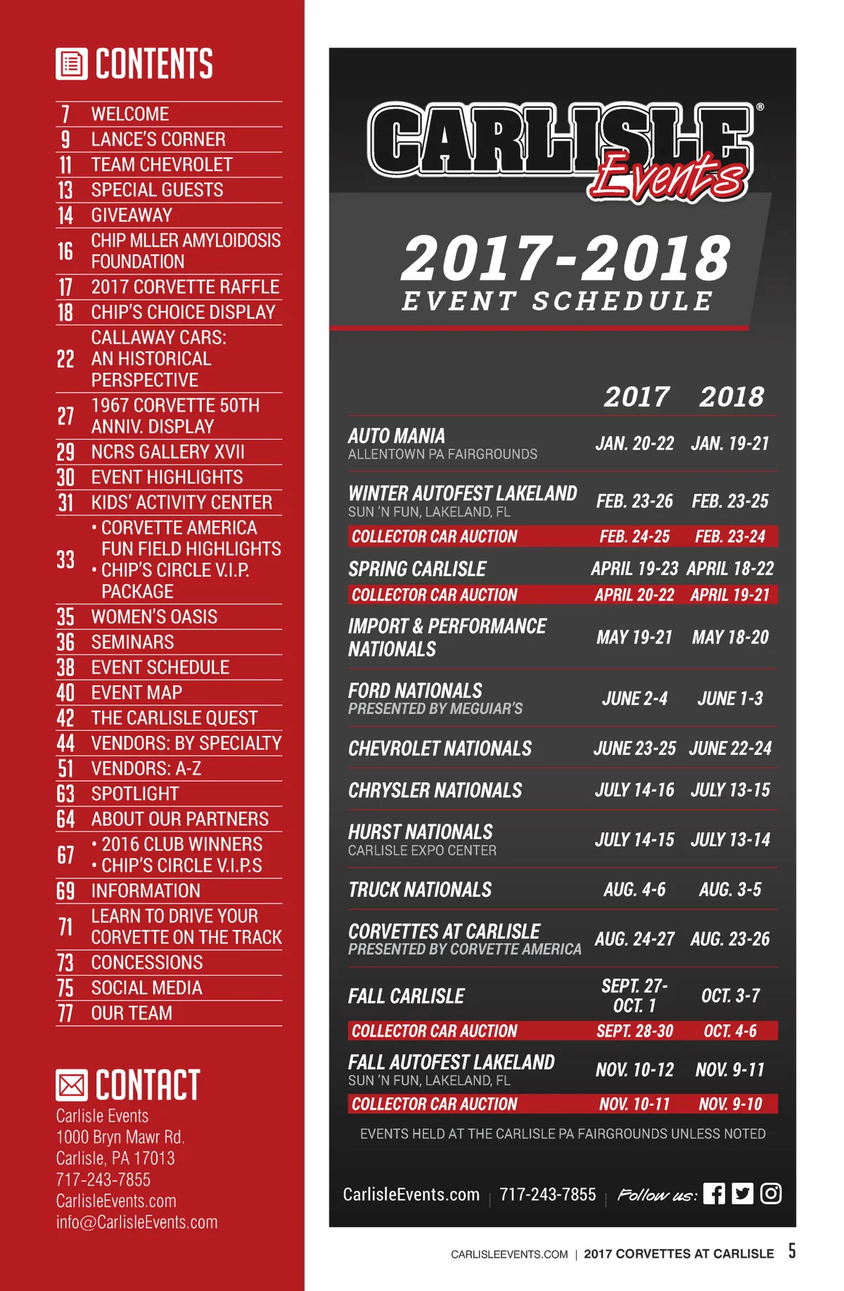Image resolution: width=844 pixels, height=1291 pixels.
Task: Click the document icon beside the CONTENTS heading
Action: click(72, 64)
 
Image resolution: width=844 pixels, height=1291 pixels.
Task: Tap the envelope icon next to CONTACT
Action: click(72, 1085)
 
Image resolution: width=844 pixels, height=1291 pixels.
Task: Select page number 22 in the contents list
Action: click(65, 359)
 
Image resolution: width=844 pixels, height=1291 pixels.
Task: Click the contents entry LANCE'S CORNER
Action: click(158, 139)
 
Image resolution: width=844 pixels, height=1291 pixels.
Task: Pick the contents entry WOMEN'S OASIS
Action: click(154, 617)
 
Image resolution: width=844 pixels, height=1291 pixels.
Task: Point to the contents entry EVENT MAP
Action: click(136, 693)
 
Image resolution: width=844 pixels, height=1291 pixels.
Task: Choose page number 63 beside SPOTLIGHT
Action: click(65, 794)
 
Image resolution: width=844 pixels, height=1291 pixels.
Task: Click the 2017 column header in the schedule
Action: click(636, 397)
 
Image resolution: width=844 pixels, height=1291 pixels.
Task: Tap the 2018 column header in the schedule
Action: click(731, 397)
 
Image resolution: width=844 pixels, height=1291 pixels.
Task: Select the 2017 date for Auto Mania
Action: click(634, 443)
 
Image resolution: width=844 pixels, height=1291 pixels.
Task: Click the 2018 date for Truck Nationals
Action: click(730, 889)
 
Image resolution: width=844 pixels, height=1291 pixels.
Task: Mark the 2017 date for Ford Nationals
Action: click(634, 699)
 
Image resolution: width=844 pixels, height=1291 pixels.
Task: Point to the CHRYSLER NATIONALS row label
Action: click(435, 790)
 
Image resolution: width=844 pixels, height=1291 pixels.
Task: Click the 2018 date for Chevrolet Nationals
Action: click(730, 748)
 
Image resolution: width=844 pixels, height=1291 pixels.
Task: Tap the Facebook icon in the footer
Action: click(714, 1193)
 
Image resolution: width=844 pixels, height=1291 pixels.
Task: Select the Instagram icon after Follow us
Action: click(771, 1193)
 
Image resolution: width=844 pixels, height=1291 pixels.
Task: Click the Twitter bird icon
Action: click(742, 1193)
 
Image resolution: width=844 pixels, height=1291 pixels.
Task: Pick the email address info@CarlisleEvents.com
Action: click(136, 1222)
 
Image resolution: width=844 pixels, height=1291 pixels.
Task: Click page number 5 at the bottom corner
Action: click(792, 1250)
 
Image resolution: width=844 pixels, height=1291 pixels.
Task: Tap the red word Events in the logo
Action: click(668, 176)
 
